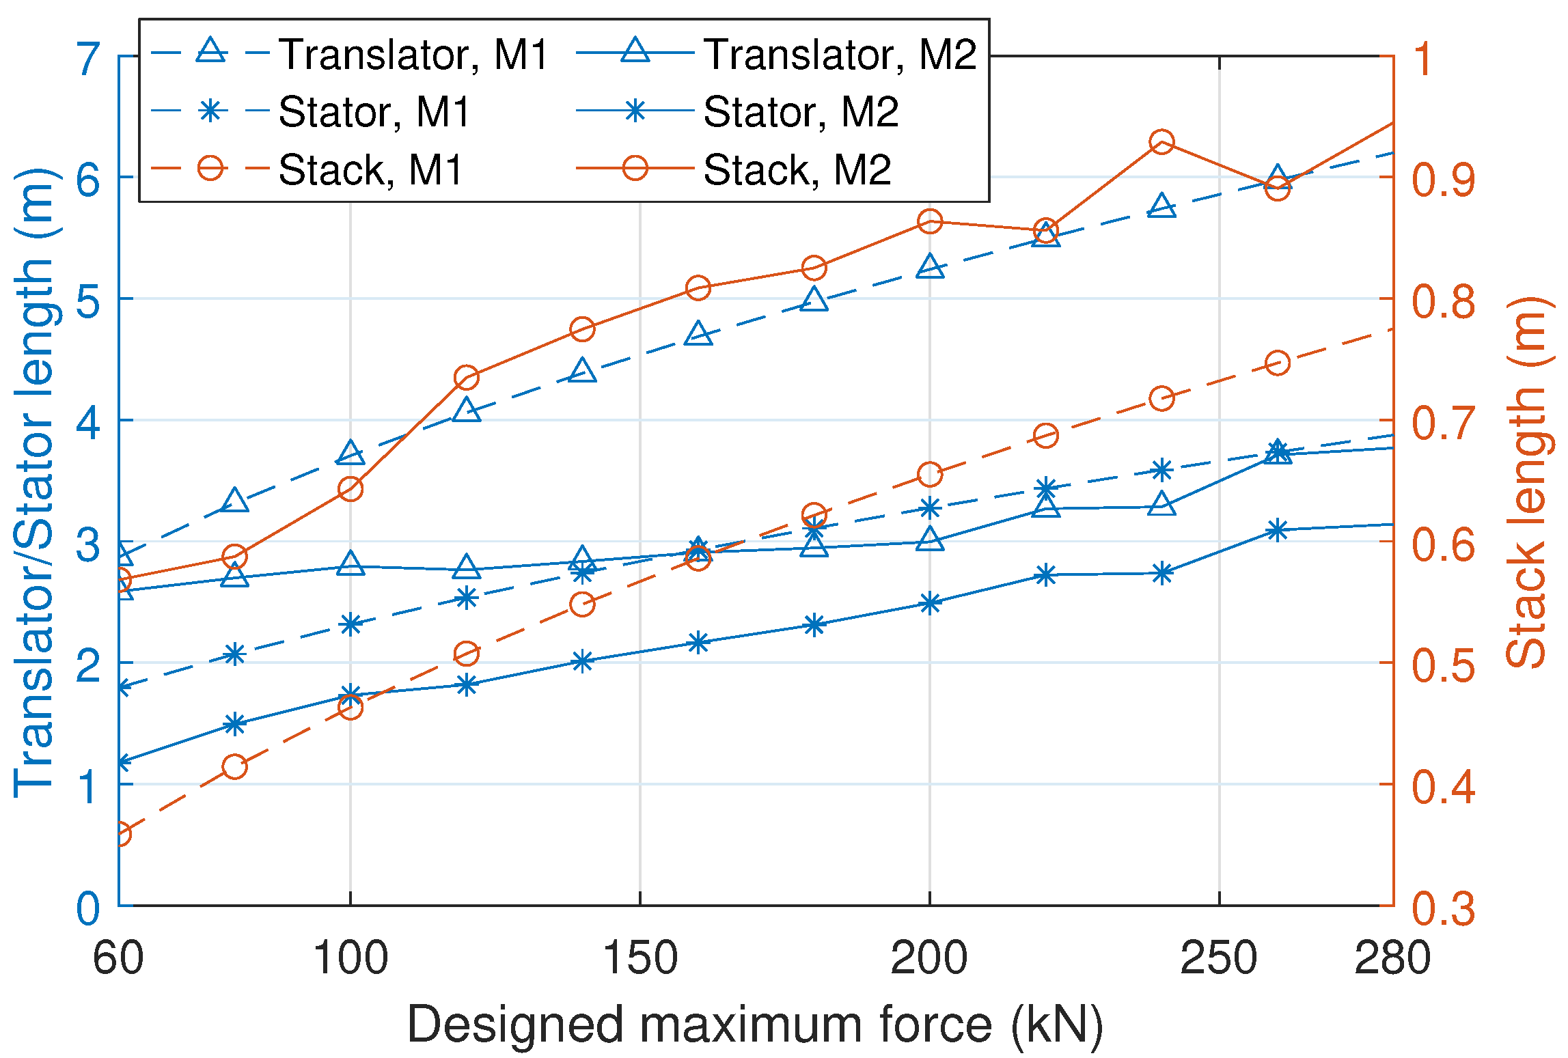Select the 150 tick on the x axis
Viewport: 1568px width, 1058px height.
[640, 958]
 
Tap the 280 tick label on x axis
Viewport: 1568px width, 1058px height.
[1392, 958]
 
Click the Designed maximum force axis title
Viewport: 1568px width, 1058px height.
[755, 1025]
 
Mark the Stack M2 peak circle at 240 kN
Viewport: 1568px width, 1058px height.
[1161, 142]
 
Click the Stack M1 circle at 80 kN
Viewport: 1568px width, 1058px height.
[234, 766]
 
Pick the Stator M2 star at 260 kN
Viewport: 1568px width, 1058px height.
[1277, 530]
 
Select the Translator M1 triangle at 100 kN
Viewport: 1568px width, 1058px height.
[350, 452]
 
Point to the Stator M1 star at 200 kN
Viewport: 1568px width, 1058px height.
[930, 508]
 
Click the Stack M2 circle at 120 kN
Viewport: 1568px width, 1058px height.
[467, 378]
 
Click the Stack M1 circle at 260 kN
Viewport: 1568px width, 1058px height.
[1277, 363]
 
